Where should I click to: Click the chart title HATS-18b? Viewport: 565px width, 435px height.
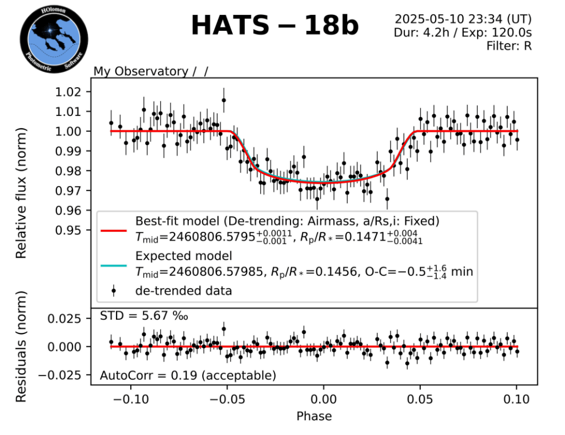pos(274,26)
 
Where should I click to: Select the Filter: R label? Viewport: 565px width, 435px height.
pos(509,46)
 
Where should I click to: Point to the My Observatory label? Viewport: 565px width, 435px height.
pos(141,71)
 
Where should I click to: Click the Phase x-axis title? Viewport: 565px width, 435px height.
pos(314,416)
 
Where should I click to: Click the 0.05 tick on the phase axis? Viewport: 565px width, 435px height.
pos(420,399)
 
